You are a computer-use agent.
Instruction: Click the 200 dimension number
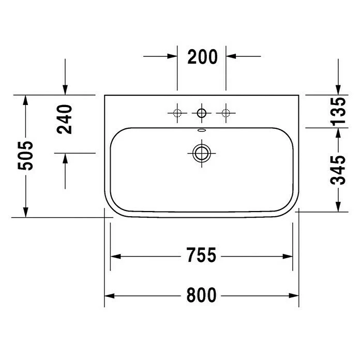tap(202, 56)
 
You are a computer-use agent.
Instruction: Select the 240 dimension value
tap(65, 119)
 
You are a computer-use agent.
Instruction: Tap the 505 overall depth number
tap(25, 156)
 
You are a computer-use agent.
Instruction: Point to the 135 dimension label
tap(338, 112)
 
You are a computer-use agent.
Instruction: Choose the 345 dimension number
tap(338, 170)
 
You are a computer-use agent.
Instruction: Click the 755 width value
tap(201, 255)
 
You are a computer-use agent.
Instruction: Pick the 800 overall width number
tap(201, 295)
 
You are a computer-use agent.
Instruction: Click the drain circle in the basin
tap(202, 153)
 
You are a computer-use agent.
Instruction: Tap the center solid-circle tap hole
tap(202, 113)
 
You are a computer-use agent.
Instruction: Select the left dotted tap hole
tap(177, 113)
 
